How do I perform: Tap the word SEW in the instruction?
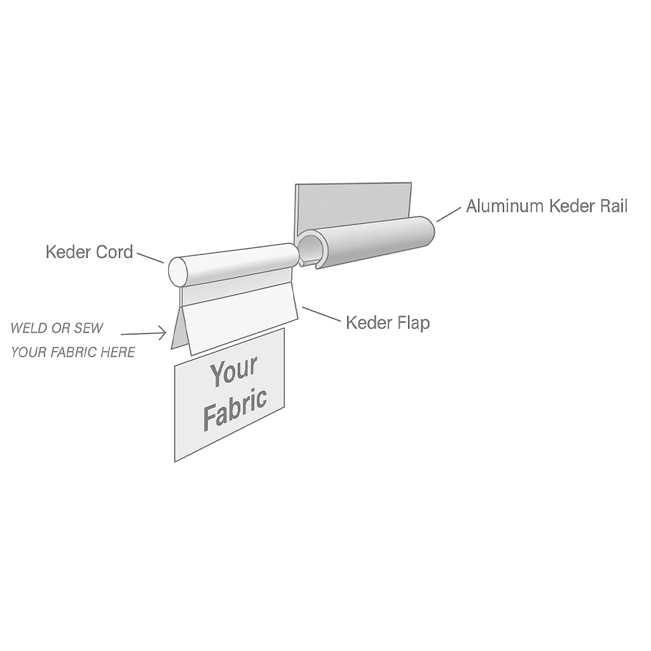click(x=88, y=329)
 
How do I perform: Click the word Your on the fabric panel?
click(x=233, y=372)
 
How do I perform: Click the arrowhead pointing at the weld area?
click(x=161, y=333)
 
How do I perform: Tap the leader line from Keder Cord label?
click(x=150, y=257)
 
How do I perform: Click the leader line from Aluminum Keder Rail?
click(x=449, y=214)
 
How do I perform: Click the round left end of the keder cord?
click(x=178, y=272)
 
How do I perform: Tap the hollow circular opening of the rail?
click(x=311, y=248)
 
